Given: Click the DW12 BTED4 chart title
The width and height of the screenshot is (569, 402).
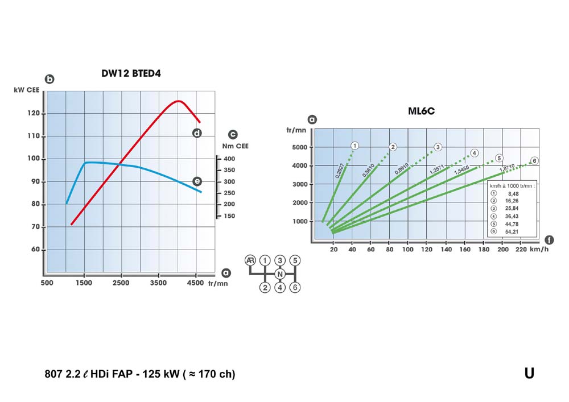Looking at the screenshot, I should point(134,73).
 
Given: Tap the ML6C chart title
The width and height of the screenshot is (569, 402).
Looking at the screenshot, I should point(421,111).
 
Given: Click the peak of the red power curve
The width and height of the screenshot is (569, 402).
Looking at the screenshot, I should point(179,101).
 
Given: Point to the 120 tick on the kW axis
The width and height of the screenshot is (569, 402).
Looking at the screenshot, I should point(35,113).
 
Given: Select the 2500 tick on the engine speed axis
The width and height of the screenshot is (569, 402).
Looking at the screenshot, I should point(121,282).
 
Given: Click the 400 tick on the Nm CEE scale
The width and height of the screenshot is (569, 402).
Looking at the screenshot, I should point(229,159).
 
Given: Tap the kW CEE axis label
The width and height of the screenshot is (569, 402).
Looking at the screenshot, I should point(26,90).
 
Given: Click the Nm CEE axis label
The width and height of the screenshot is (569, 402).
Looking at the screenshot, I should point(233,146).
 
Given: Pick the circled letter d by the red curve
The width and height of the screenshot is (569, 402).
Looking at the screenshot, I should point(197,133).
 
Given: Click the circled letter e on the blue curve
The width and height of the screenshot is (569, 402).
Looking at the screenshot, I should point(197,181).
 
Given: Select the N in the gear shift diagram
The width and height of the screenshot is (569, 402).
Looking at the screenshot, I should point(279,274).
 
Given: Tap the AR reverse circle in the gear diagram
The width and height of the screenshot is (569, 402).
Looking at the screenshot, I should point(249,260).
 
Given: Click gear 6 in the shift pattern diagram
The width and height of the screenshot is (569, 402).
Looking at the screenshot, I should point(294,288).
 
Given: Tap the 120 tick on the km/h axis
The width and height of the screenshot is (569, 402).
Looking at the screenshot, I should point(427,249).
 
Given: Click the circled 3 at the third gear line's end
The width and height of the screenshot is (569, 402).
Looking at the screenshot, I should point(438,147).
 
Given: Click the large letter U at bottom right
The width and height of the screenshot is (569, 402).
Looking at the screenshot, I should point(529,373).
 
